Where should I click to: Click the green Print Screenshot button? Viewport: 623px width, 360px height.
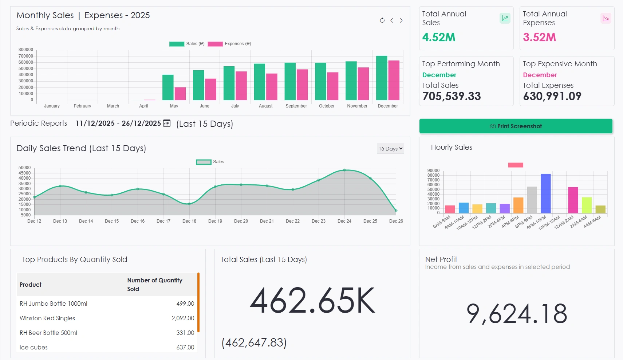pos(516,126)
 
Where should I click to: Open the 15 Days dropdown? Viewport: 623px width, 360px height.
pos(390,148)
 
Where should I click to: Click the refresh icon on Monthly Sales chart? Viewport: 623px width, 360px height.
pos(382,20)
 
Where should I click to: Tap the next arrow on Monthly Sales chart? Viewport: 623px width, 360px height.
pos(401,20)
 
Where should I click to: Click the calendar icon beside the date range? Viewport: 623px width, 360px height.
pos(167,123)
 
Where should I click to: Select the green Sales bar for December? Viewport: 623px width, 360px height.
pos(382,78)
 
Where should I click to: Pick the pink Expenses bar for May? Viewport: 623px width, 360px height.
pos(180,94)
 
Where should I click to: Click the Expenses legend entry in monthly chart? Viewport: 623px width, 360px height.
pos(229,44)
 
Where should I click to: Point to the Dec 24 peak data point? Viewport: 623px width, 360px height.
pos(344,170)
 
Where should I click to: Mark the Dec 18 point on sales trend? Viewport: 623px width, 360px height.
pos(189,204)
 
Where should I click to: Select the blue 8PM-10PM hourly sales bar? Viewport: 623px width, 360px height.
pos(546,193)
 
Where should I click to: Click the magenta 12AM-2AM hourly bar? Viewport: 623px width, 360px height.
pos(573,200)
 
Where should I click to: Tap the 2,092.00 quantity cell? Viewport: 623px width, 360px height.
pos(183,318)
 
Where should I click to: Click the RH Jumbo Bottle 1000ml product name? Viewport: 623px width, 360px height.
pos(54,304)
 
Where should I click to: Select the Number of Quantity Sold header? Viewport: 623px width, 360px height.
pos(155,285)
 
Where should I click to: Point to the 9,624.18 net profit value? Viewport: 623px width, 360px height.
pos(516,314)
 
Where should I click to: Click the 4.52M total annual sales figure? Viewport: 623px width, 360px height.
pos(439,37)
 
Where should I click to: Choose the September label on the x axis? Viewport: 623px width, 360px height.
pos(296,106)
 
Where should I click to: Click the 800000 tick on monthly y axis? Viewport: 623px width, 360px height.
pos(26,50)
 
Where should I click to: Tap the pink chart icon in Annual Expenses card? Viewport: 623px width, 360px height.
pos(606,18)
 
